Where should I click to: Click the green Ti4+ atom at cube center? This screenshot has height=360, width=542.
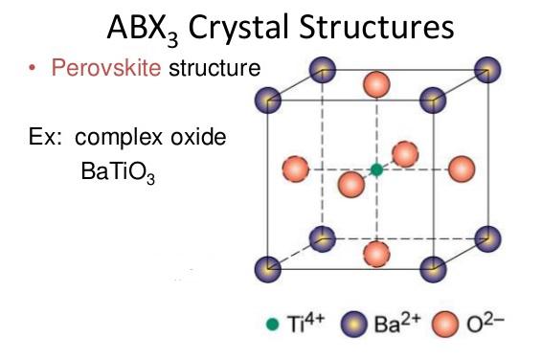pyautogui.click(x=377, y=169)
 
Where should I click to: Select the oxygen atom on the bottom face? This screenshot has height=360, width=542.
pyautogui.click(x=377, y=254)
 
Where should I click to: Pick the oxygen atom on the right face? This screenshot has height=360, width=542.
pyautogui.click(x=461, y=169)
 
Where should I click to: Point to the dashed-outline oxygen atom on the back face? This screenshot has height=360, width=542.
pyautogui.click(x=406, y=154)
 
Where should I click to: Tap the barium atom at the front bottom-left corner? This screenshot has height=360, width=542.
pyautogui.click(x=268, y=268)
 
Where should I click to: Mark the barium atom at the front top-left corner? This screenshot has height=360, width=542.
pyautogui.click(x=268, y=99)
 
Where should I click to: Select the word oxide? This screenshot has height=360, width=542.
pyautogui.click(x=192, y=137)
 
